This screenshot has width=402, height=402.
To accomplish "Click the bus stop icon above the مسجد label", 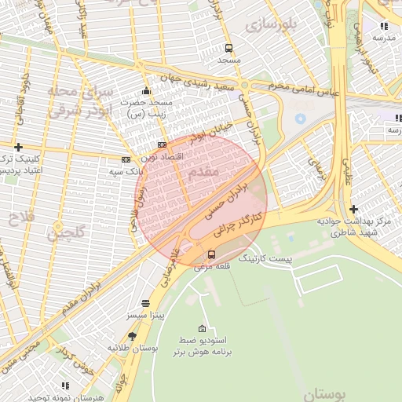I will tap(228, 47).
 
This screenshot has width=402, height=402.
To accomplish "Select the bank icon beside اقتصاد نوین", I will tap(162, 144).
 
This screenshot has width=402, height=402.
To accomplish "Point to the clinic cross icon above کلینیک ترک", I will tap(18, 147).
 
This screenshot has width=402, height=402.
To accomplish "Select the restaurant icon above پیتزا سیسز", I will tap(145, 303).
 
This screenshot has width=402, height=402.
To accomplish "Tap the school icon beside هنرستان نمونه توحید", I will tap(64, 386).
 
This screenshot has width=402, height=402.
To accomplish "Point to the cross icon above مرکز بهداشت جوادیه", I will tap(353, 209).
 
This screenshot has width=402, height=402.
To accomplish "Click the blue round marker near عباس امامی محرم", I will tap(300, 118).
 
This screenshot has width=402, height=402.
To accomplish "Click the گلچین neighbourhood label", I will tap(64, 232).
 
